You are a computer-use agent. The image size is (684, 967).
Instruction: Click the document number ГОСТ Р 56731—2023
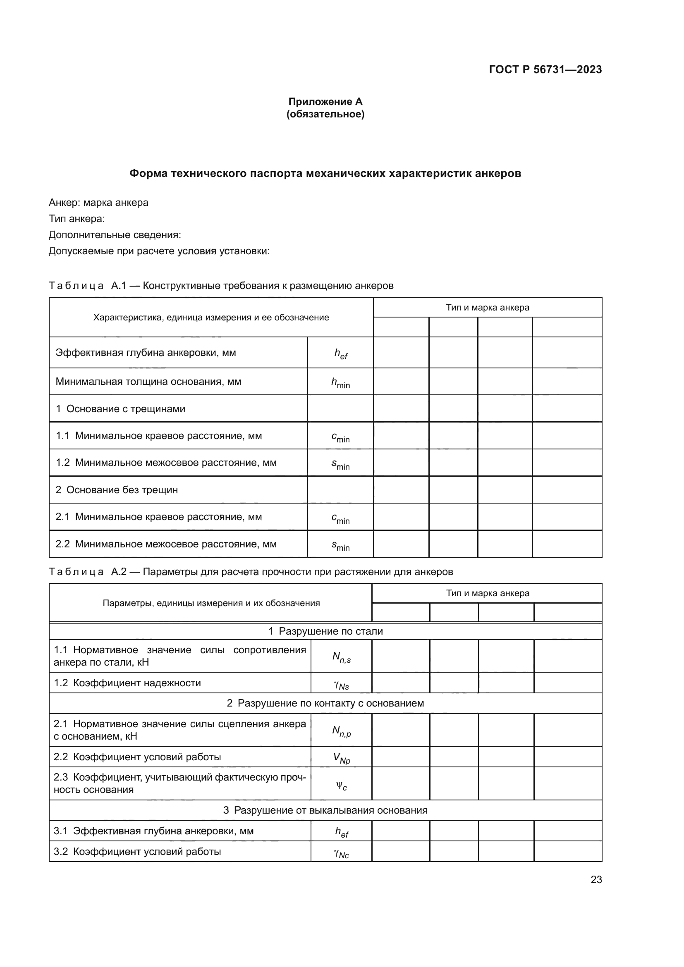click(x=545, y=70)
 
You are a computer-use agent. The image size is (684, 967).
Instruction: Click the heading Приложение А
click(x=325, y=102)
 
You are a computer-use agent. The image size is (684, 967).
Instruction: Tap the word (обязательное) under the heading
click(x=325, y=114)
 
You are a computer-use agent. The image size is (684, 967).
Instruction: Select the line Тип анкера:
click(x=77, y=219)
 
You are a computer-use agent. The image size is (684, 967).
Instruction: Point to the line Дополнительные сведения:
click(x=115, y=234)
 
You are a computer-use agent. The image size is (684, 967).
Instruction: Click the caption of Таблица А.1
click(x=221, y=286)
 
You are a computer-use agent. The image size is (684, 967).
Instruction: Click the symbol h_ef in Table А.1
click(x=341, y=354)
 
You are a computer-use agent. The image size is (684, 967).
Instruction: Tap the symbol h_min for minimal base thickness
click(x=340, y=383)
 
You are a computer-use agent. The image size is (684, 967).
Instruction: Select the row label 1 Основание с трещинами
click(x=120, y=409)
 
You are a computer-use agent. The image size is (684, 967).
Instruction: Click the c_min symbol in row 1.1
click(x=340, y=437)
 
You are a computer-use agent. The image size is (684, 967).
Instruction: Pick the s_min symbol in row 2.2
click(x=340, y=545)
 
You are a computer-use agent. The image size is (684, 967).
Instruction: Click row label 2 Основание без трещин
click(x=117, y=490)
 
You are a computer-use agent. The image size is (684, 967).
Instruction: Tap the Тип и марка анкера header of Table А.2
click(x=487, y=593)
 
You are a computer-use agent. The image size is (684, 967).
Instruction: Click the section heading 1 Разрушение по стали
click(x=325, y=631)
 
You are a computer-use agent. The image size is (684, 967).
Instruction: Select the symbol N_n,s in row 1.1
click(x=341, y=657)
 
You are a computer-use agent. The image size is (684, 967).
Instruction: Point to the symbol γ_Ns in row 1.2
click(x=341, y=685)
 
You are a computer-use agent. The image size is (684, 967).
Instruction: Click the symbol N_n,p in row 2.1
click(x=341, y=731)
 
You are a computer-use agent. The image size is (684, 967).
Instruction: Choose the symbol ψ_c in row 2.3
click(x=341, y=785)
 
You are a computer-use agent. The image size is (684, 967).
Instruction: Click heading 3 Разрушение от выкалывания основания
click(x=325, y=810)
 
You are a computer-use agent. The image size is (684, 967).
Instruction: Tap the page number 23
click(x=596, y=879)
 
